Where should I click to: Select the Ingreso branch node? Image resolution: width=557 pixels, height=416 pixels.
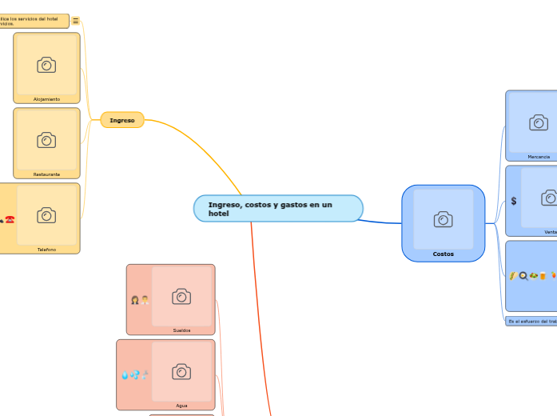coord(122,120)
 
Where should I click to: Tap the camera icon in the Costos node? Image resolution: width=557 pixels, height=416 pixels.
coord(443,219)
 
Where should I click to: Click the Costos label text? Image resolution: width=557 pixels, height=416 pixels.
coord(443,254)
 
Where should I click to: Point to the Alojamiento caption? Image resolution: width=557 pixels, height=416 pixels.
coord(46,99)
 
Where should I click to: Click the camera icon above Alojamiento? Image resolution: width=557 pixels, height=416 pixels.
coord(46,65)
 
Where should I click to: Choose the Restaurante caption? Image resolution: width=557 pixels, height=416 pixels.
coord(46,174)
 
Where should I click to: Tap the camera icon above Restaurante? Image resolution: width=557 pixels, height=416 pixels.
coord(46,140)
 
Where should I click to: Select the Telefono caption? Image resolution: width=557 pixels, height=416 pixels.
coord(46,250)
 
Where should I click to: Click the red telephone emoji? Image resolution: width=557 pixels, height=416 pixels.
coord(10,219)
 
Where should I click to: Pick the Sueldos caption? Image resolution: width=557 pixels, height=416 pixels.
coord(181,330)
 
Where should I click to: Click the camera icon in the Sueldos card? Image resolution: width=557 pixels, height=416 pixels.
coord(181,297)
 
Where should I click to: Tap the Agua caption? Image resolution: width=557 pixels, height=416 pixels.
coord(181,406)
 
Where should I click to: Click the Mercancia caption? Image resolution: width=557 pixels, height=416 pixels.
coord(539,157)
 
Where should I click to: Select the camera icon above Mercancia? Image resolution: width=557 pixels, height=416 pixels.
coord(539,122)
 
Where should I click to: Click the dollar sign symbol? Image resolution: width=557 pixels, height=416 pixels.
coord(514,201)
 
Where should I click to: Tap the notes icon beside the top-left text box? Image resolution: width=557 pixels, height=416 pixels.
coord(76,22)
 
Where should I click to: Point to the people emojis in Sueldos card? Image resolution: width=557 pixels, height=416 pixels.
coord(140,301)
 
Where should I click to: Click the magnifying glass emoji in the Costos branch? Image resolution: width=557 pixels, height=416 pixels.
coord(523,276)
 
